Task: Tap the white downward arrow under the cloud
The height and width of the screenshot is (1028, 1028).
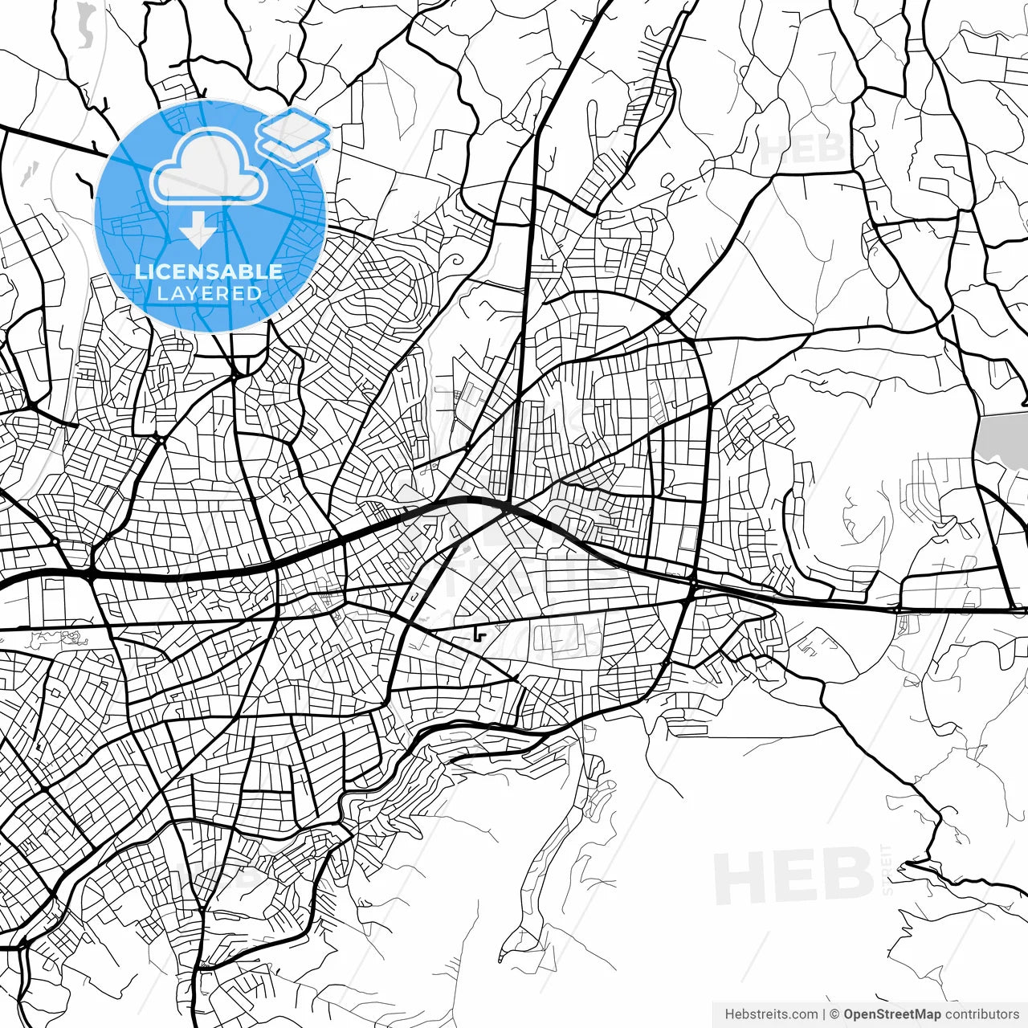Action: click(x=197, y=230)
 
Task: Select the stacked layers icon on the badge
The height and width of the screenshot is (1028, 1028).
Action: click(x=293, y=137)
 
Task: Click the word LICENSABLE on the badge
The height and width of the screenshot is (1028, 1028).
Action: click(x=209, y=272)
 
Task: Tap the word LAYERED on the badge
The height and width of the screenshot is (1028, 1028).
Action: click(x=209, y=294)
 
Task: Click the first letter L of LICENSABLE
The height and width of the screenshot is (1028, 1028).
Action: click(x=140, y=272)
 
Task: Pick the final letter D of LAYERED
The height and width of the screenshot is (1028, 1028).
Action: click(x=255, y=294)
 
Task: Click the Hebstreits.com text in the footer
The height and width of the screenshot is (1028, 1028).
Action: click(x=771, y=1014)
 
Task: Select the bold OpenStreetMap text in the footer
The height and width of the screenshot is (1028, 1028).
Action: click(x=891, y=1014)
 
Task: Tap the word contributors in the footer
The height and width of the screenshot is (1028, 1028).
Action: click(x=981, y=1014)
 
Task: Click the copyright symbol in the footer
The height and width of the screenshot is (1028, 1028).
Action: click(x=835, y=1014)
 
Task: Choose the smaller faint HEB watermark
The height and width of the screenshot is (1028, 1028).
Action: click(x=802, y=149)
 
